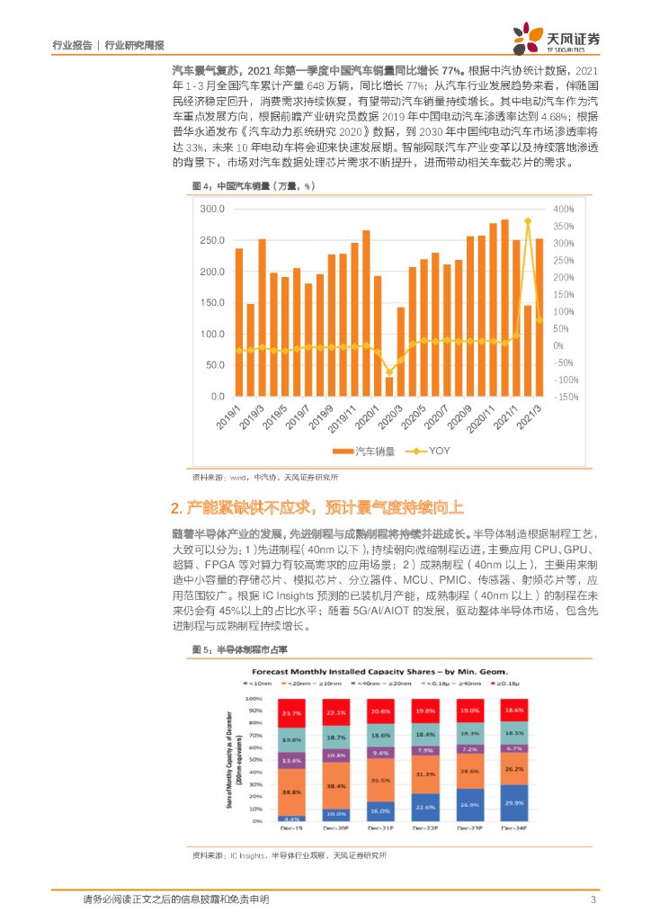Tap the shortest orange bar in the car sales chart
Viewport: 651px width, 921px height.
click(389, 387)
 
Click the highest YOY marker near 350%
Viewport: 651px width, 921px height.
click(528, 221)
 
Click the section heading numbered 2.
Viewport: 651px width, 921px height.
click(318, 508)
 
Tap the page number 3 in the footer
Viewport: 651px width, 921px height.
click(593, 899)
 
